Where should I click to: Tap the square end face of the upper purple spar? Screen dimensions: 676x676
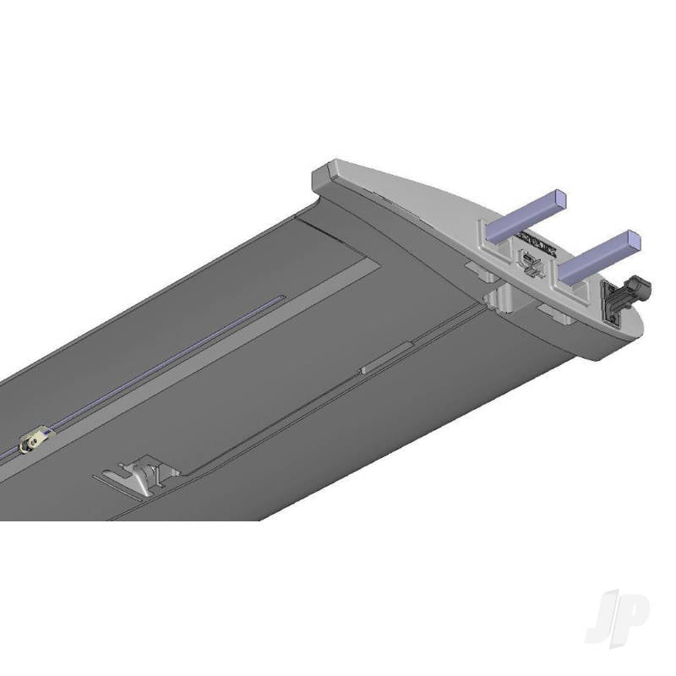tap(559, 200)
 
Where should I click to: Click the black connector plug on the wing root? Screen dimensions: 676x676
tap(630, 292)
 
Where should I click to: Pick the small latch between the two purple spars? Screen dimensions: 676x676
tap(530, 264)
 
